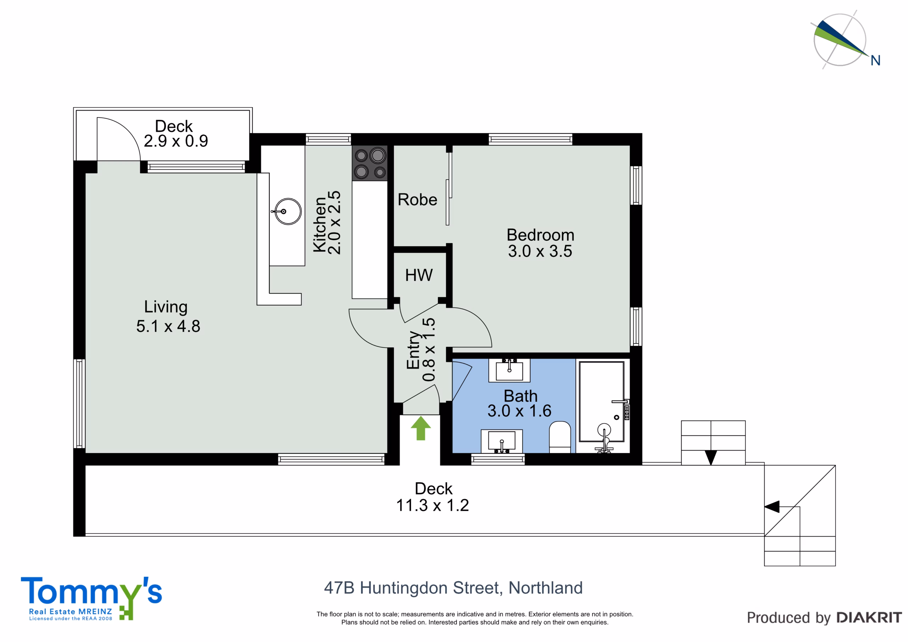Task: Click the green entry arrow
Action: [x=420, y=428]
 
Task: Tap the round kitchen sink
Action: [x=288, y=212]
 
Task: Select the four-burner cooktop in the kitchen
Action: [x=370, y=164]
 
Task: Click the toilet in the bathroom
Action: [x=560, y=437]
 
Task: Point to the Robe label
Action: [x=417, y=200]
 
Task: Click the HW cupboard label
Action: [x=419, y=275]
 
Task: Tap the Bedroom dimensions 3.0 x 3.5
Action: [x=540, y=251]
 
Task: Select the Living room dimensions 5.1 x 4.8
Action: [x=168, y=326]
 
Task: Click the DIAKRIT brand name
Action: [x=869, y=618]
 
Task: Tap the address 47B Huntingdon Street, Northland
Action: [x=453, y=588]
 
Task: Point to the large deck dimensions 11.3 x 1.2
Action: [x=433, y=505]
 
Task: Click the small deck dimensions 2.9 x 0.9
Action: [x=176, y=141]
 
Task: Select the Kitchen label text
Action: [x=320, y=224]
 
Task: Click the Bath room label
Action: [x=520, y=396]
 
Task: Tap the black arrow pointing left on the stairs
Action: [x=771, y=507]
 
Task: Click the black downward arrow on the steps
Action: [x=711, y=458]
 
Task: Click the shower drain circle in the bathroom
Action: [x=616, y=417]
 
